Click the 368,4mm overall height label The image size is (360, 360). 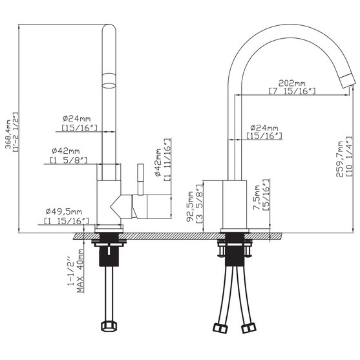click(8, 134)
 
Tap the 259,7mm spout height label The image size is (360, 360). click(339, 159)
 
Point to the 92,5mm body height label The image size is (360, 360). click(190, 206)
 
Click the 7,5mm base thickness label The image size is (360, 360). click(257, 197)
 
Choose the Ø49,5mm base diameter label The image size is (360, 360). click(63, 211)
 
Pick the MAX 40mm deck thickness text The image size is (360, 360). click(80, 271)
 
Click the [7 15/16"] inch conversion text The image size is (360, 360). click(292, 91)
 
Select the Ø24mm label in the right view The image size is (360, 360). click(264, 128)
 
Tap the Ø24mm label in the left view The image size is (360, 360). click(76, 119)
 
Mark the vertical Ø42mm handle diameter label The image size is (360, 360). click(158, 162)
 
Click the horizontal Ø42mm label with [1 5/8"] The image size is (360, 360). click(66, 151)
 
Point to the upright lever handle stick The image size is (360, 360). click(140, 179)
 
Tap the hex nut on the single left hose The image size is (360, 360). click(109, 326)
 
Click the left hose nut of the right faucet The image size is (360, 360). click(220, 328)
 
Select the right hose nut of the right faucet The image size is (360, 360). click(249, 328)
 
